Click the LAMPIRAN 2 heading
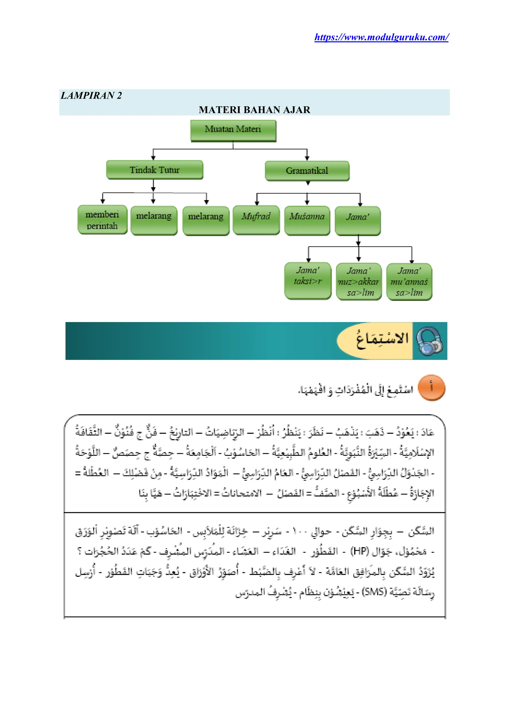tap(91, 96)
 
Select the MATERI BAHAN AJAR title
tap(254, 110)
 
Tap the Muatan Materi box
tap(233, 130)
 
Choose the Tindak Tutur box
tap(155, 170)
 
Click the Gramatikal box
tap(307, 171)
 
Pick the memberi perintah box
tap(102, 220)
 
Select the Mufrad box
tap(256, 219)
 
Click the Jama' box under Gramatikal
tap(358, 220)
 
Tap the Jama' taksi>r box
tap(308, 281)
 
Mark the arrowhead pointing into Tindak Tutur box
tap(153, 158)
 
